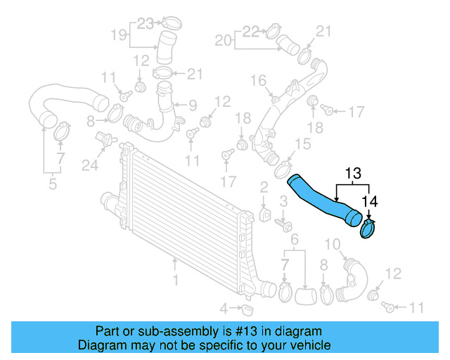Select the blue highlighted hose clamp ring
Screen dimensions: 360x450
pos(368,229)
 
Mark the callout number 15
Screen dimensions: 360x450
pos(302,144)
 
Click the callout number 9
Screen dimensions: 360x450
pos(192,106)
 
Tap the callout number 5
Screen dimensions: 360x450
pos(52,185)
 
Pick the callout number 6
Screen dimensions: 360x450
pos(295,240)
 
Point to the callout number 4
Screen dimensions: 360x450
pos(224,309)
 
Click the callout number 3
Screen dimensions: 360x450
pos(283,202)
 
